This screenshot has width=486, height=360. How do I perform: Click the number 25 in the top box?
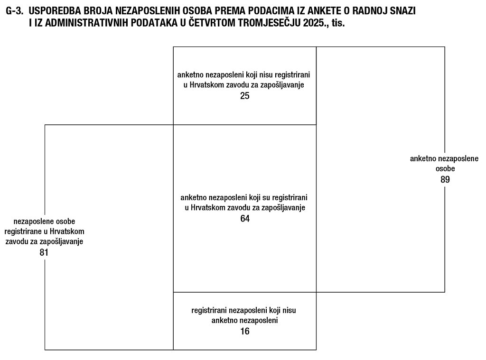[x=244, y=96]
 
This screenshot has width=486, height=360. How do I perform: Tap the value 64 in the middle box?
[x=244, y=219]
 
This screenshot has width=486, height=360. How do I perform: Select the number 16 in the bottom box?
[x=244, y=331]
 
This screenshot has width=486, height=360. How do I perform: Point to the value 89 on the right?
[x=444, y=179]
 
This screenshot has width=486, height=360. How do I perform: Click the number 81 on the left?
[x=44, y=252]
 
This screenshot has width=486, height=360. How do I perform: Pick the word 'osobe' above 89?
[x=444, y=168]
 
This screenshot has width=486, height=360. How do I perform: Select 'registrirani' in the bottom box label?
[x=209, y=310]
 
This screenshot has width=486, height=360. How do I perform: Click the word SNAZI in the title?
[x=403, y=11]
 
